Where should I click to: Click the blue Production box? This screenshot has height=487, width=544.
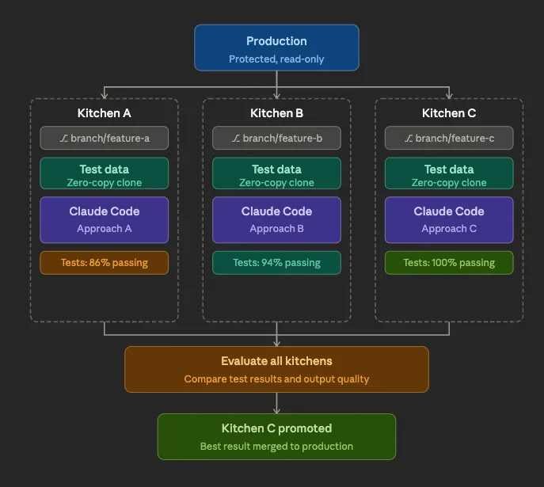point(276,48)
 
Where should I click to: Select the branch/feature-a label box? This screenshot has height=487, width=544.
point(105,138)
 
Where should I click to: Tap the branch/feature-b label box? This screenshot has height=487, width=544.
point(276,138)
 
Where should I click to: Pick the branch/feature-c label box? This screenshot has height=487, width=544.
point(449,138)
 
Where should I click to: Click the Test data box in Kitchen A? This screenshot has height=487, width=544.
point(105,173)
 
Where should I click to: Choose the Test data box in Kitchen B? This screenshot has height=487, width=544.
point(276,173)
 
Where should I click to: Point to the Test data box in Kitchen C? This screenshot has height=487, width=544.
point(449,173)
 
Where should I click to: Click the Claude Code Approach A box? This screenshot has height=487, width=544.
point(105,219)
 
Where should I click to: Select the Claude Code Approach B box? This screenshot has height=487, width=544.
point(276,219)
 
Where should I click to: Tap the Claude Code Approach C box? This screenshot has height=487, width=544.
point(449,219)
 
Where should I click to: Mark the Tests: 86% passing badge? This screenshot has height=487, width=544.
point(105,263)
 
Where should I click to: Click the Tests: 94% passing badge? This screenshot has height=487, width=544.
point(276,263)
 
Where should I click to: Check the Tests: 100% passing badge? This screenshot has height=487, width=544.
point(449,263)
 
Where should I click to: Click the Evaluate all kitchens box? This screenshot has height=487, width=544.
point(276,369)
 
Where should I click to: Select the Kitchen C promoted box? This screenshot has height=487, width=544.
point(276,436)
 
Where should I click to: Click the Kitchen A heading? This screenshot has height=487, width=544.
point(105,113)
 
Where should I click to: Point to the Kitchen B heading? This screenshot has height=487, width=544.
point(276,113)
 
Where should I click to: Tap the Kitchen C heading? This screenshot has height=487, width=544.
point(449,113)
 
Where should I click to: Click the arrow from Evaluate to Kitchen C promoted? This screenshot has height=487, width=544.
point(276,403)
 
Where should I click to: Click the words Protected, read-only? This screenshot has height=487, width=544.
point(276,59)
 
